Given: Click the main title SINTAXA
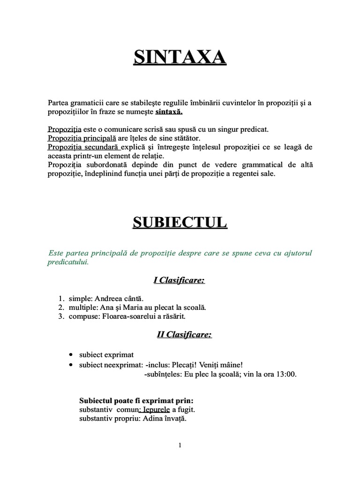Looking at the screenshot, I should click(x=180, y=58).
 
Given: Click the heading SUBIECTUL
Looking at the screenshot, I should click(x=180, y=222).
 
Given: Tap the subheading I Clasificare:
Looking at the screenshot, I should click(x=180, y=281).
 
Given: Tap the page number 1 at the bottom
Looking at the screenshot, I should click(x=180, y=446).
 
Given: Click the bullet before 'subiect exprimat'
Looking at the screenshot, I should click(x=70, y=355).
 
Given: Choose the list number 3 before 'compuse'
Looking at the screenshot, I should click(x=61, y=316).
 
